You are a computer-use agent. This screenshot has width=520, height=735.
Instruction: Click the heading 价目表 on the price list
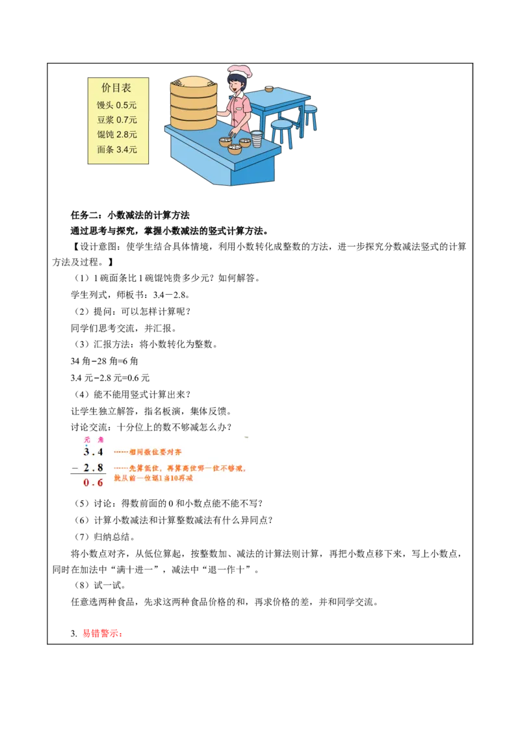(116, 88)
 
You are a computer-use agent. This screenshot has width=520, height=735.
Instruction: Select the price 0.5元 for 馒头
(127, 105)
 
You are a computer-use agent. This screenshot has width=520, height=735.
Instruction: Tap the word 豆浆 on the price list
(105, 119)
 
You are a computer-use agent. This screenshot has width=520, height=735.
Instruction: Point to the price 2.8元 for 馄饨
(127, 134)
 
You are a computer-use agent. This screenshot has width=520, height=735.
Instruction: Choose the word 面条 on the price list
(105, 149)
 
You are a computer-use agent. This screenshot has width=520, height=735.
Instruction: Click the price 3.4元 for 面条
(127, 149)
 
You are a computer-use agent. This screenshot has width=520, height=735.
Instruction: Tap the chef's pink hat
(239, 70)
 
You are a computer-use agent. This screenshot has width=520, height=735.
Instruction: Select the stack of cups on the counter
(257, 138)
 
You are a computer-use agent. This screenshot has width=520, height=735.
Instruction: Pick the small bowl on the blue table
(269, 88)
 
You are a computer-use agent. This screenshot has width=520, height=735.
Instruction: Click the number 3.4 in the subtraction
(94, 452)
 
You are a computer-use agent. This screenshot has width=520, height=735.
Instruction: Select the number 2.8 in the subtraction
(94, 467)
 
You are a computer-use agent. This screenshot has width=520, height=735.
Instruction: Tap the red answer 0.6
(94, 483)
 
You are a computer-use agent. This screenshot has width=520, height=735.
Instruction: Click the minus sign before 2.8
(75, 467)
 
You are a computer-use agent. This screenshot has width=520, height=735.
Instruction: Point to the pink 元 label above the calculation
(87, 440)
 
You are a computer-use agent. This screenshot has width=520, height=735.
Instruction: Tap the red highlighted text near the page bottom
(101, 634)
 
